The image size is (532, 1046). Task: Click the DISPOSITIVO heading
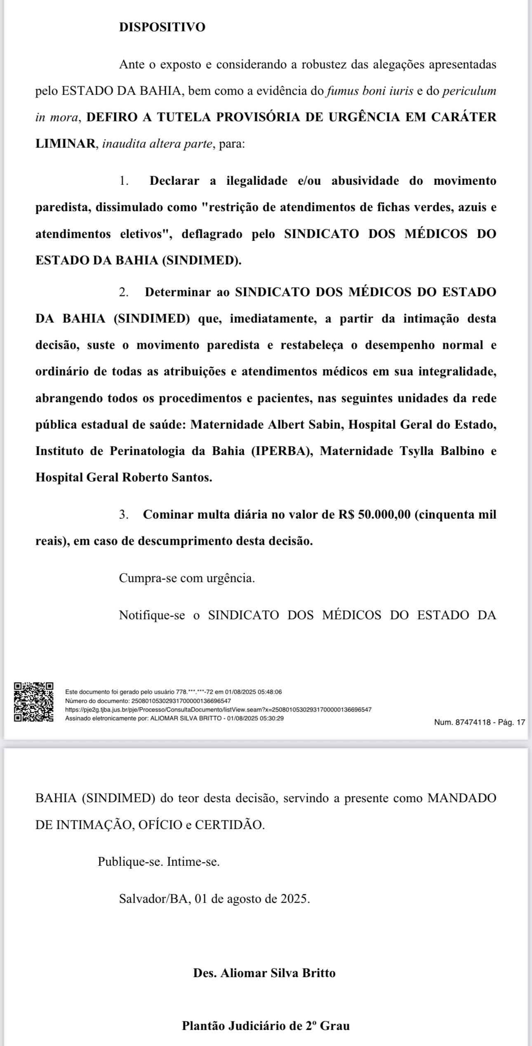coord(162,27)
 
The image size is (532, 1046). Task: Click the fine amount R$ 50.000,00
coord(374,515)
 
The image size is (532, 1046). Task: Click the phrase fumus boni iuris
coord(370,91)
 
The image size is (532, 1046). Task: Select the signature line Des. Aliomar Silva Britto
coord(264,973)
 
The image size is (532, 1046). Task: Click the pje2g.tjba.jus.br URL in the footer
coord(218,710)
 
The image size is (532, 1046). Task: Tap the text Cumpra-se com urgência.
coord(187,578)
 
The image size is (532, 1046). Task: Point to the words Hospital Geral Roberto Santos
coord(124,477)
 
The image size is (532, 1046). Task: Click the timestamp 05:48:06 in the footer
coord(269,692)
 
